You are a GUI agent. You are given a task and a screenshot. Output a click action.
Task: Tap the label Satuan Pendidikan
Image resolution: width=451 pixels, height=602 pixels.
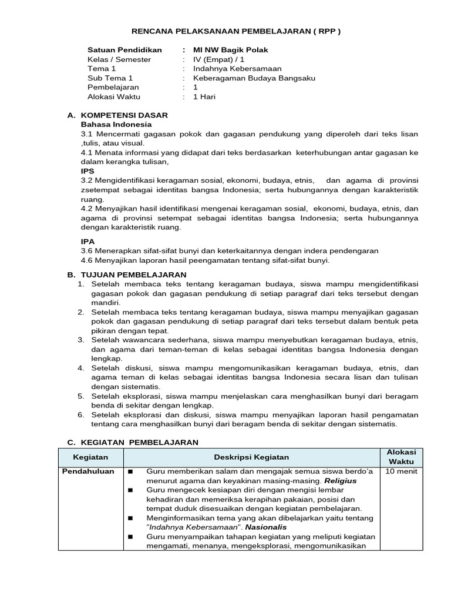pyautogui.click(x=124, y=50)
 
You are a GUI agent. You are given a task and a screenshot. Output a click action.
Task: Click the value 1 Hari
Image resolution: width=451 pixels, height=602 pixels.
pyautogui.click(x=204, y=97)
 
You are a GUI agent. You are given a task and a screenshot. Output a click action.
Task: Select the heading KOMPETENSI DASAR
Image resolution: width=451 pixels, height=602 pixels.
pyautogui.click(x=124, y=115)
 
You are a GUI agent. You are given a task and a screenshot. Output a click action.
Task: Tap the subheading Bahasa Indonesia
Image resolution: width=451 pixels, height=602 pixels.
pyautogui.click(x=116, y=124)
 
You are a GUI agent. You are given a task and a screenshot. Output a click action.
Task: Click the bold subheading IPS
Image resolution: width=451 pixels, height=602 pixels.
pyautogui.click(x=87, y=171)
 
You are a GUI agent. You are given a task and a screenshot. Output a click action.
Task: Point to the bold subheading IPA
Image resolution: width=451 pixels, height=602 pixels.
pyautogui.click(x=87, y=241)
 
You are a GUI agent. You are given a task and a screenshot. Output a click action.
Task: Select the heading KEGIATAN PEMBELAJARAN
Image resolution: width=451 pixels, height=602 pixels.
pyautogui.click(x=139, y=442)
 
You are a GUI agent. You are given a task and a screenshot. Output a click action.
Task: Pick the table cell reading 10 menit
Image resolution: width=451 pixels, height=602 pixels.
pyautogui.click(x=401, y=471)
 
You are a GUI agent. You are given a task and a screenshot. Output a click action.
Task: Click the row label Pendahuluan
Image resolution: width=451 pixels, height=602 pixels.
pyautogui.click(x=89, y=471)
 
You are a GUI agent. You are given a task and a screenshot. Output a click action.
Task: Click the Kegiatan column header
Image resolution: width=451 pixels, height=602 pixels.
pyautogui.click(x=90, y=457)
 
